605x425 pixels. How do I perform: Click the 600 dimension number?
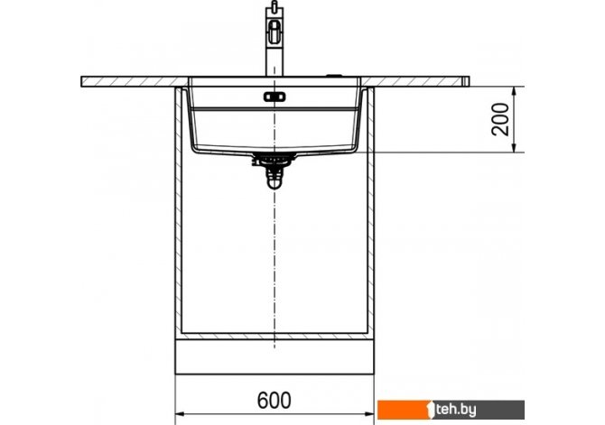pos(274,400)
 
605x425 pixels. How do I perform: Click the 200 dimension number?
pos(500,119)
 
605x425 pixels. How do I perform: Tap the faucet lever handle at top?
pos(275,8)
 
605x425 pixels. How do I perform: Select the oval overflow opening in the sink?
pos(275,97)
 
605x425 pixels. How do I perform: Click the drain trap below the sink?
pos(275,180)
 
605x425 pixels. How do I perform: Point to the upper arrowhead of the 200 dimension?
pos(514,92)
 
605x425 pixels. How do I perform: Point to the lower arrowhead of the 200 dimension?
pos(514,147)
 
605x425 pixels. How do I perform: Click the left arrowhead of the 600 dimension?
pos(181,414)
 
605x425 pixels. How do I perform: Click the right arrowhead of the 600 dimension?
pos(368,414)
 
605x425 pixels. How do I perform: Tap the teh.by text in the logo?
pos(456,410)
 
